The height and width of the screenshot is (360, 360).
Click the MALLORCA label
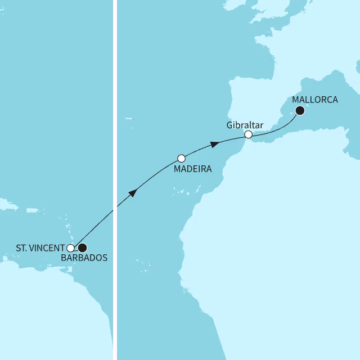point(316,100)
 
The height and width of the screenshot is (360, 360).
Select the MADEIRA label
point(192,169)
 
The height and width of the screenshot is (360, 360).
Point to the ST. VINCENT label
point(40,247)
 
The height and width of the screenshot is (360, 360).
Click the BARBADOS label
point(84,258)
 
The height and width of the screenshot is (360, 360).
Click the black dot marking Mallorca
point(300,111)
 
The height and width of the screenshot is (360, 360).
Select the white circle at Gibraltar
point(248,134)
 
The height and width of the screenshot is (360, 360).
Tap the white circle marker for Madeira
point(181,159)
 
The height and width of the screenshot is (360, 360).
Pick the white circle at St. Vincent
point(70,247)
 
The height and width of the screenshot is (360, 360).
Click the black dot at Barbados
point(83,247)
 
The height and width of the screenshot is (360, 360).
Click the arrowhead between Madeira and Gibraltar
point(214,145)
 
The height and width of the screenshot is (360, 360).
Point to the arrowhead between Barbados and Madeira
point(133,193)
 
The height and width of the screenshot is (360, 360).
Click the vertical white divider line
point(115,180)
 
